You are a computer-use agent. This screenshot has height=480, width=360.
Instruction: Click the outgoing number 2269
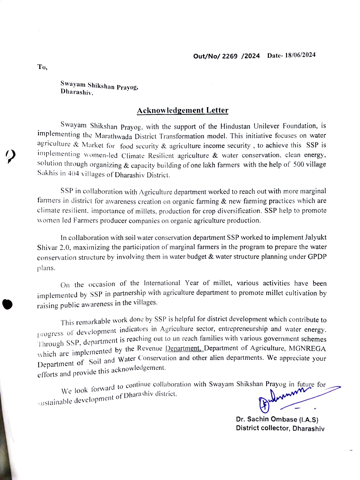pos(230,56)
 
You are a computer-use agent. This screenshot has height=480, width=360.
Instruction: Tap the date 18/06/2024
pos(300,55)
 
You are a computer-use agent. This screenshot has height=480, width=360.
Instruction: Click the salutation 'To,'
pos(42,67)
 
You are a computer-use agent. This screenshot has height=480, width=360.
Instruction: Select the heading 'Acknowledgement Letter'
pos(183,111)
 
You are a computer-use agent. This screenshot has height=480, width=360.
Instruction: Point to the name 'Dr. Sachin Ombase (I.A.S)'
pos(277,419)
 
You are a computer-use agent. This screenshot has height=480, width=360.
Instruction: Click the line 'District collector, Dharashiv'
pos(280,428)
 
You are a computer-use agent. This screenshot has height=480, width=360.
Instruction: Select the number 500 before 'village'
pos(299,164)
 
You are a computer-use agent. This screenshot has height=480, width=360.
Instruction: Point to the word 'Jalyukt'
pos(316,237)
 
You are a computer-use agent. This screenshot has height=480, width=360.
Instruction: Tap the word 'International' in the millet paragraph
pos(162,283)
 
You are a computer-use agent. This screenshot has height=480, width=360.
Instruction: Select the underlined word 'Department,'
pos(184,348)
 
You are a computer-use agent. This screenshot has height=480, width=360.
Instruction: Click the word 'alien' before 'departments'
pos(216,358)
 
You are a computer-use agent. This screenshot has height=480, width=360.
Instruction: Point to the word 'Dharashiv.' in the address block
pos(77,92)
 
